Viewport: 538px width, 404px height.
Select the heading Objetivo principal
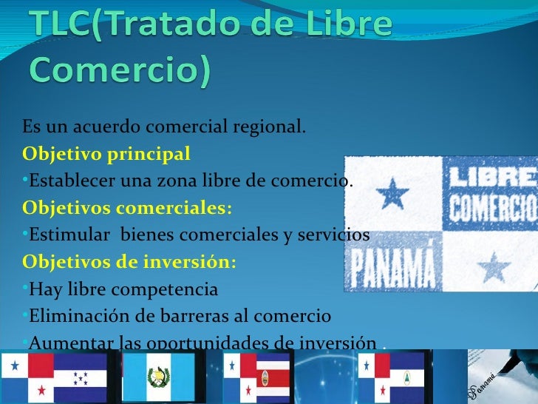point(106,155)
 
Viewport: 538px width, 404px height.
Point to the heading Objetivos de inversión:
point(130,262)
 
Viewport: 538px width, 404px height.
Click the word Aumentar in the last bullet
point(67,343)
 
